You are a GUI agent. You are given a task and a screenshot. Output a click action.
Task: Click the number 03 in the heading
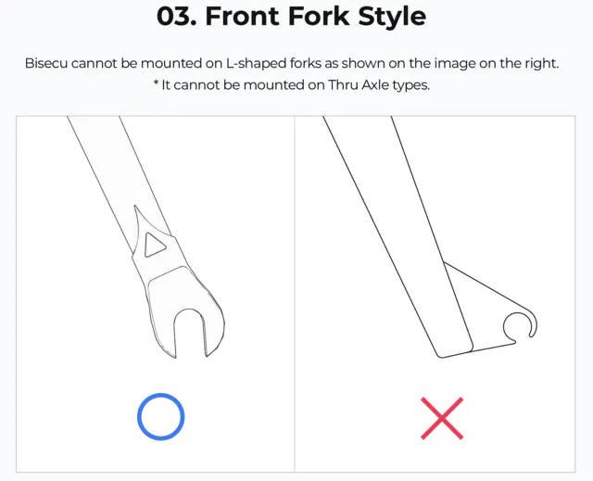click(176, 17)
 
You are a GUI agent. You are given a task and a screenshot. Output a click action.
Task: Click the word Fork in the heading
click(319, 17)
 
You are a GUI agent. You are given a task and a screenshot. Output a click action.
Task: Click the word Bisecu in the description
click(46, 63)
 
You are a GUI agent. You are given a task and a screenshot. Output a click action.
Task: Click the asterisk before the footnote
click(156, 82)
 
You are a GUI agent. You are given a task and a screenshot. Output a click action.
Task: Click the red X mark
click(442, 418)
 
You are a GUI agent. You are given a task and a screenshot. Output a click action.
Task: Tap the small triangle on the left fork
click(155, 246)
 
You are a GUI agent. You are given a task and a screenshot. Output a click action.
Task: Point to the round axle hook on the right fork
click(520, 313)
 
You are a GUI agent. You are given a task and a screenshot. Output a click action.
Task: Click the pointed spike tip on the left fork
click(135, 207)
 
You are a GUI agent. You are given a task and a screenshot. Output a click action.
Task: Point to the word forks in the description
click(306, 63)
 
